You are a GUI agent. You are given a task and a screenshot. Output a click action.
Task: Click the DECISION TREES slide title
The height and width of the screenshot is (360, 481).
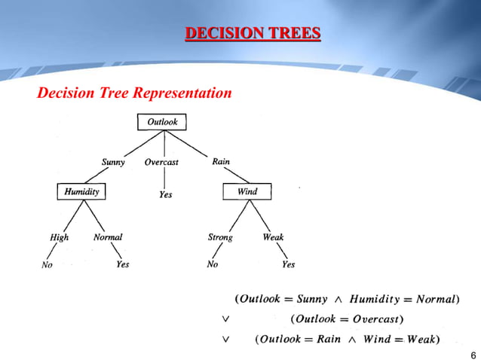(x=253, y=33)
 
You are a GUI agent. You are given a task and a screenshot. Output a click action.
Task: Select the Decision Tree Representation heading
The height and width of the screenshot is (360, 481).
(x=135, y=93)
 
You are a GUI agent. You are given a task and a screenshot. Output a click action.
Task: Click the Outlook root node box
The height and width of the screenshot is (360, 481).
(x=162, y=122)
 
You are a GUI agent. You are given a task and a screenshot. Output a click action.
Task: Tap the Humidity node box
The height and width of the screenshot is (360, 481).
(x=81, y=191)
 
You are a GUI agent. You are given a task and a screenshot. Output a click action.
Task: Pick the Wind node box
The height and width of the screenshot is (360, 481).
(x=247, y=191)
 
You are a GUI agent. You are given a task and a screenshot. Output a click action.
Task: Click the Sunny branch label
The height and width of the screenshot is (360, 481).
(x=113, y=162)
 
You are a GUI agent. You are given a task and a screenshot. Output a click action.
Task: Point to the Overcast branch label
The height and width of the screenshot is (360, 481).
(x=161, y=162)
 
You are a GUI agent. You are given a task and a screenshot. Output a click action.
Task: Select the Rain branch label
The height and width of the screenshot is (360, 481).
(x=221, y=161)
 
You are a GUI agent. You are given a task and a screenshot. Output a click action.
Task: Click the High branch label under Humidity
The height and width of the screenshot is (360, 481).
(x=59, y=237)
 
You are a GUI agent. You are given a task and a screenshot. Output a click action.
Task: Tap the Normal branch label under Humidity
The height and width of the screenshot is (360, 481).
(x=108, y=236)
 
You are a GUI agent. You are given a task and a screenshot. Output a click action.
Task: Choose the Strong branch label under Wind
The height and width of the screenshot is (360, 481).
(x=220, y=237)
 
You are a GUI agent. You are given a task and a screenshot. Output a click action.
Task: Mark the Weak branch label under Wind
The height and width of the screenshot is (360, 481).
(x=273, y=237)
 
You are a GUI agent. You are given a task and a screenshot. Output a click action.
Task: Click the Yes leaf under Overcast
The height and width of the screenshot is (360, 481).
(x=166, y=194)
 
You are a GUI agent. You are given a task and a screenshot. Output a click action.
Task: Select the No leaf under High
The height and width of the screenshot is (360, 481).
(x=47, y=264)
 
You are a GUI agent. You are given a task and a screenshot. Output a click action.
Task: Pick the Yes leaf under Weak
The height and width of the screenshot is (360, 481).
(x=288, y=264)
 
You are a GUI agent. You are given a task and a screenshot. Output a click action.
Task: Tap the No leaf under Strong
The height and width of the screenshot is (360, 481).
(x=213, y=264)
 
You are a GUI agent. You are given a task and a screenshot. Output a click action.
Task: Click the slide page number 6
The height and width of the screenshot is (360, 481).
(x=473, y=355)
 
